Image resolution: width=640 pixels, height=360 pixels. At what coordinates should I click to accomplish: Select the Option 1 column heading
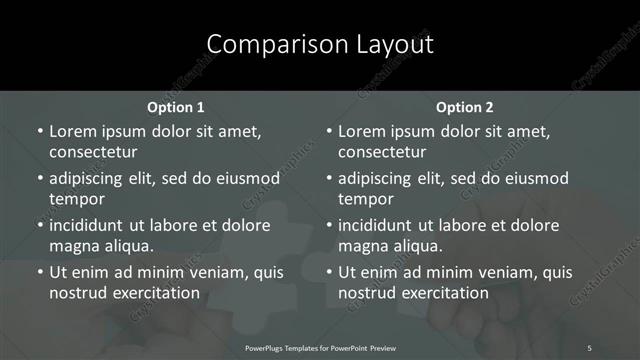tap(176, 107)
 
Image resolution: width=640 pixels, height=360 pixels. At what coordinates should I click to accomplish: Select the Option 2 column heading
tap(465, 107)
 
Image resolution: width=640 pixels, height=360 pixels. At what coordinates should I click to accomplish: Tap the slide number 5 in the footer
tap(589, 347)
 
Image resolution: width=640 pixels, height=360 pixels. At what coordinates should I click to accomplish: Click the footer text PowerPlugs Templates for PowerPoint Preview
tap(321, 347)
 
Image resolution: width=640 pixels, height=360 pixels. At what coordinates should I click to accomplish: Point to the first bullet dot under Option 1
tap(39, 131)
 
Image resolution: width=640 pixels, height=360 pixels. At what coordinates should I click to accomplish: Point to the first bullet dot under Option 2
tap(328, 131)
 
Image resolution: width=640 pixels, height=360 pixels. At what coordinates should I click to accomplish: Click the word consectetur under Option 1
tap(93, 152)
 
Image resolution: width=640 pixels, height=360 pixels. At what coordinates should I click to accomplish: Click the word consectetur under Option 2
tap(382, 152)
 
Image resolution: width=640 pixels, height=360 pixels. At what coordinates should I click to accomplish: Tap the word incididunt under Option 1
tap(92, 225)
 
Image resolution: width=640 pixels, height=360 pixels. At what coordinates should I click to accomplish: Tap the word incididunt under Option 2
tap(381, 225)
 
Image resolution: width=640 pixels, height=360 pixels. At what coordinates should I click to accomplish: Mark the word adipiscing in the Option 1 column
tap(90, 178)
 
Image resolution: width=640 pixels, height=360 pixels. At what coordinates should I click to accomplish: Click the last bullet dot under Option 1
tap(39, 272)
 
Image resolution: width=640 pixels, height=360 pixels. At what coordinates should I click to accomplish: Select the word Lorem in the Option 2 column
tap(361, 131)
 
